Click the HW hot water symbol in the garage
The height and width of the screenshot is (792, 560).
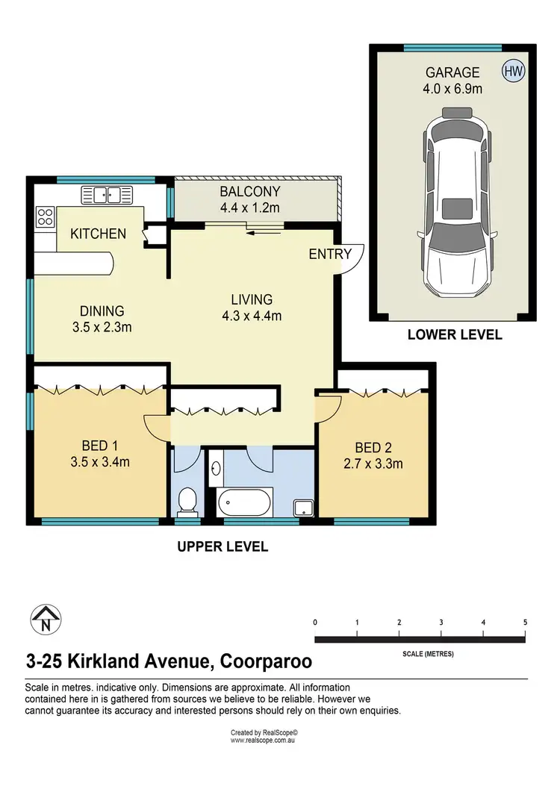[513, 71]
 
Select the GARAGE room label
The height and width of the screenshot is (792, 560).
[452, 72]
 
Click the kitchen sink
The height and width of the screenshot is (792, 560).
[108, 195]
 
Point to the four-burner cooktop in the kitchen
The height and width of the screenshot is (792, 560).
[45, 216]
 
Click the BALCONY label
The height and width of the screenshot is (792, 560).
[249, 191]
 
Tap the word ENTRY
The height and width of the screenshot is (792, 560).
[330, 254]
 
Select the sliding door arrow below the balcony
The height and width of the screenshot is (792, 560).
[264, 233]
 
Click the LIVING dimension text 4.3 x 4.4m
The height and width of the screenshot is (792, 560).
[252, 317]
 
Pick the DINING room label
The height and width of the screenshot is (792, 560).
[102, 311]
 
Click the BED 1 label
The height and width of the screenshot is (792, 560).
[100, 446]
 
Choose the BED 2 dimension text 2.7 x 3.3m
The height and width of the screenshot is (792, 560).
[373, 464]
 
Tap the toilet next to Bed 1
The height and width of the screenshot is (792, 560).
[187, 501]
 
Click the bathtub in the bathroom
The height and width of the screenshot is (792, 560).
[245, 502]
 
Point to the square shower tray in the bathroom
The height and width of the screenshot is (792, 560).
[304, 508]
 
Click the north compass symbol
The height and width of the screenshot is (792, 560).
[46, 620]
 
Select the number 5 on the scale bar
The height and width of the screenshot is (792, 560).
[525, 623]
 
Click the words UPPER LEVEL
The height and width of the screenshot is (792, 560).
[223, 546]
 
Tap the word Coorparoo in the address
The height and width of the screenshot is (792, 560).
[266, 661]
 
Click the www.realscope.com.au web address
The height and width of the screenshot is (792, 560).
[263, 740]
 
